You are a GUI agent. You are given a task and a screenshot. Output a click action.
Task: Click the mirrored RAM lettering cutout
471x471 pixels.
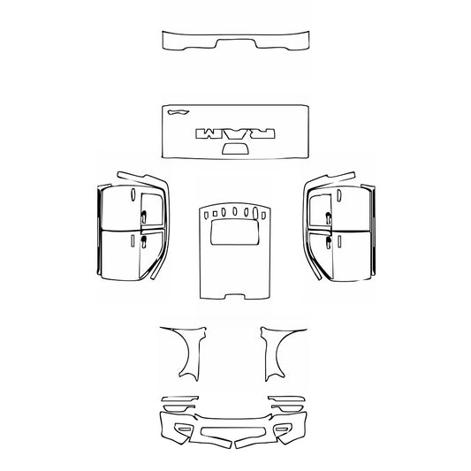pos(234,132)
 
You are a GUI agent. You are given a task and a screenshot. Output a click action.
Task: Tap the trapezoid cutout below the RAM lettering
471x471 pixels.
pos(234,148)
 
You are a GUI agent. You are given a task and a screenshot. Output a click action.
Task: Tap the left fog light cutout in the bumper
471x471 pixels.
pos(184,429)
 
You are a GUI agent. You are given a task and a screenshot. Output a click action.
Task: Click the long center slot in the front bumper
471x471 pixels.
pos(234,434)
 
